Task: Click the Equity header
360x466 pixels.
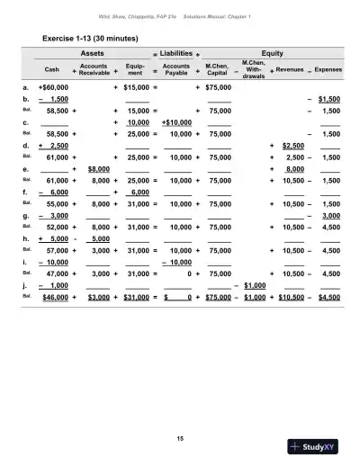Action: tap(271, 53)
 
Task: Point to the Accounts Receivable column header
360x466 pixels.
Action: tap(94, 68)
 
